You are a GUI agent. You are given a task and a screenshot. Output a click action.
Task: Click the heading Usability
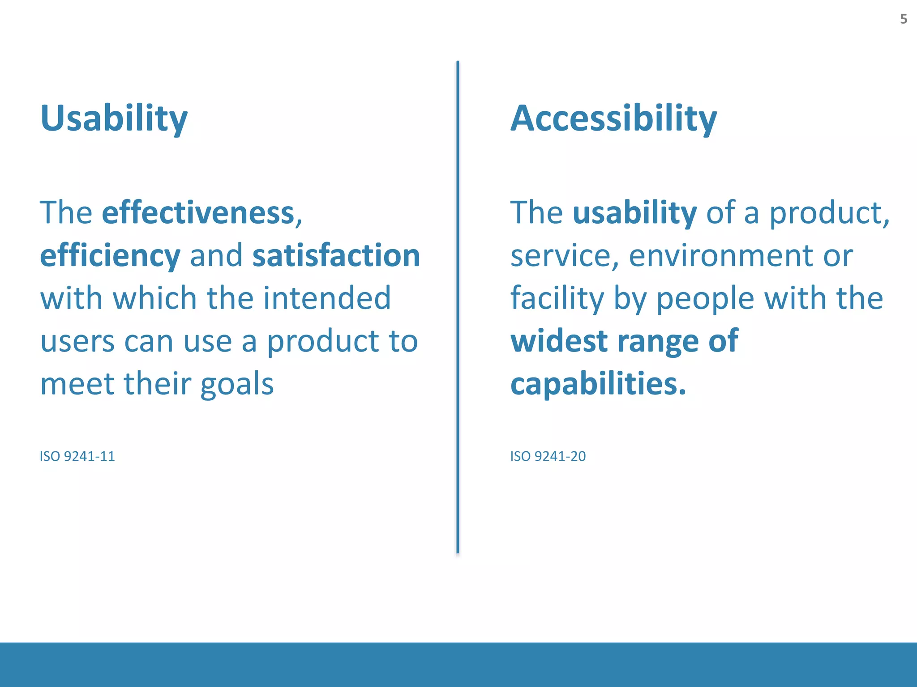[114, 118]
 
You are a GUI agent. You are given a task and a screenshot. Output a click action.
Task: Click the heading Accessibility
[613, 118]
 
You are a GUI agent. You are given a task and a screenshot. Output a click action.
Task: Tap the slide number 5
[904, 19]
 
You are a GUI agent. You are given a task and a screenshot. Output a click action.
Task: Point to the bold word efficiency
[110, 256]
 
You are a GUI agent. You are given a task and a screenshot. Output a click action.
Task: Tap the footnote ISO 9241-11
[77, 456]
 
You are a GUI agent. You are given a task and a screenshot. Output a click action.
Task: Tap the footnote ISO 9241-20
[548, 456]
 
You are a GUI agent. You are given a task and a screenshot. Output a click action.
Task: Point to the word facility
[557, 299]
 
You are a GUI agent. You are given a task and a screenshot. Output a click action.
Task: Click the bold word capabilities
[597, 384]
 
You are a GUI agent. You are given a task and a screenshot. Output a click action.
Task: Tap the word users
[77, 342]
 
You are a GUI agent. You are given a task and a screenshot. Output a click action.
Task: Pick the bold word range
[657, 342]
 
